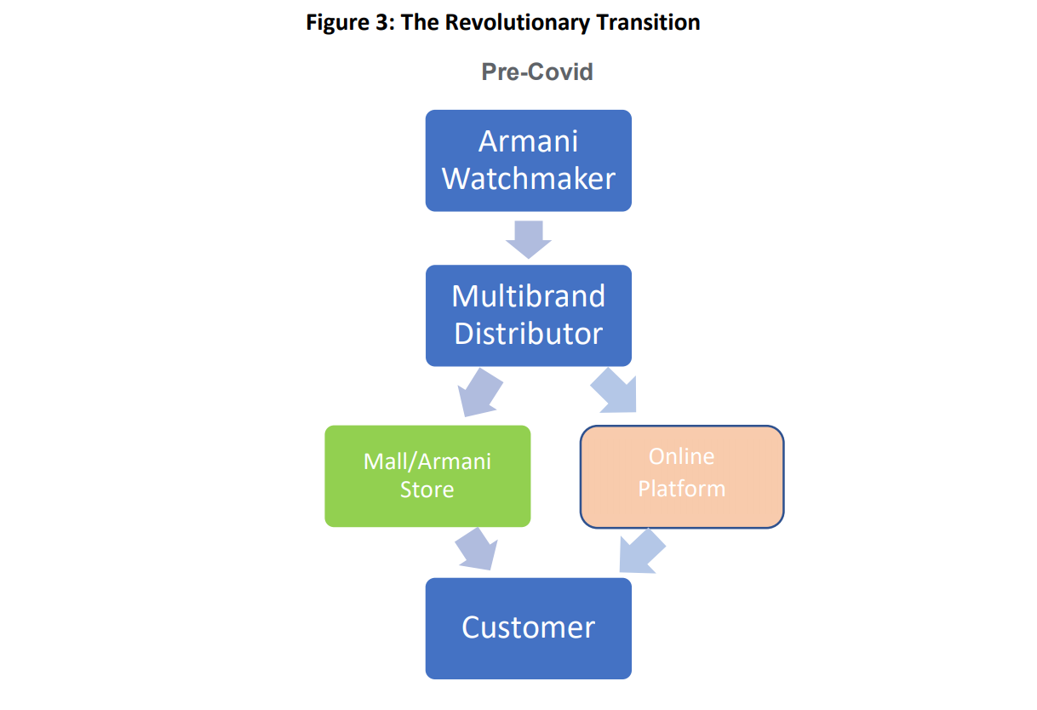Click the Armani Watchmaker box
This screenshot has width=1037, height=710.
pos(528,161)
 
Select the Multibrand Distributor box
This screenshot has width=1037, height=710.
pos(528,316)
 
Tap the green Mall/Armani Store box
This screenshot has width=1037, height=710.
pos(427,476)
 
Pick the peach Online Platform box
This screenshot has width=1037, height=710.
pos(682,477)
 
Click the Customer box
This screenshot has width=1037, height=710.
pos(528,628)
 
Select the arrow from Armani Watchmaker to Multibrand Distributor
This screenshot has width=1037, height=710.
pos(528,239)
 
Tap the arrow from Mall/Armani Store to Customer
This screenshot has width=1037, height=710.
pos(477,549)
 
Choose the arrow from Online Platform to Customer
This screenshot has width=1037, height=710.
pos(641,552)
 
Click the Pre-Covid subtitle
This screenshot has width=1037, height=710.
pos(537,72)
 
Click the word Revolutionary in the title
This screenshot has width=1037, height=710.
pos(518,22)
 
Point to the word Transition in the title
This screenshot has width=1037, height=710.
pos(648,22)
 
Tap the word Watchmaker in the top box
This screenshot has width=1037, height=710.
pos(528,179)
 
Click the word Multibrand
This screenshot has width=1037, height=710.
pos(528,295)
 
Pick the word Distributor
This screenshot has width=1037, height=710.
pos(528,333)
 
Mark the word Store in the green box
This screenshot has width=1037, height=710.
pos(427,490)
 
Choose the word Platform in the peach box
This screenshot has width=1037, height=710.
pos(681,489)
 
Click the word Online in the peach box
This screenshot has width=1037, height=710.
pos(681,456)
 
